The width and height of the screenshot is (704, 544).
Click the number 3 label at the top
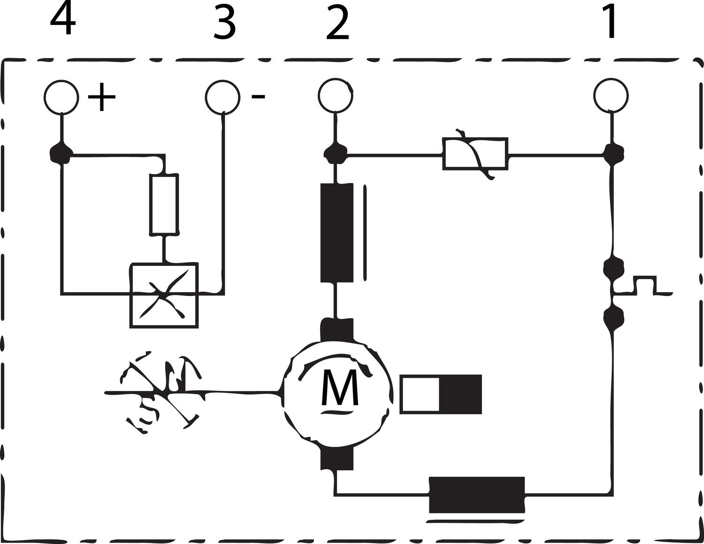(x=224, y=23)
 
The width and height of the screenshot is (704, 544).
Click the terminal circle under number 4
(x=61, y=97)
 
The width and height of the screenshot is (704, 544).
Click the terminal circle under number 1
(x=610, y=96)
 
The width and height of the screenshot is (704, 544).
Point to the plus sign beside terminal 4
(x=101, y=97)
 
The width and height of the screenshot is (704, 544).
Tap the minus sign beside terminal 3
(x=258, y=97)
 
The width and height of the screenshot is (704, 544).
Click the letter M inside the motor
(x=339, y=388)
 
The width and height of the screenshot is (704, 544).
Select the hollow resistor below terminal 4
(x=164, y=204)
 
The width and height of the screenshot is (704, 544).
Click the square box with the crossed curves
(x=164, y=295)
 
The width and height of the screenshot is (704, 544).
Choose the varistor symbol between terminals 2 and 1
(x=474, y=154)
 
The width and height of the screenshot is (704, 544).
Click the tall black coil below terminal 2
(x=337, y=233)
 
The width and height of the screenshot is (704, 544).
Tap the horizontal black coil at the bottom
(x=476, y=495)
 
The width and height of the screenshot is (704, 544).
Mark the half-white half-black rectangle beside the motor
(x=441, y=394)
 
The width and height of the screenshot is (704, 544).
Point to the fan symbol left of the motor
(x=162, y=391)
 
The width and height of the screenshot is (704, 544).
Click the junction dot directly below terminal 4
(x=61, y=153)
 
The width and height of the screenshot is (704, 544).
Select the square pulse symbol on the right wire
(x=645, y=286)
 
